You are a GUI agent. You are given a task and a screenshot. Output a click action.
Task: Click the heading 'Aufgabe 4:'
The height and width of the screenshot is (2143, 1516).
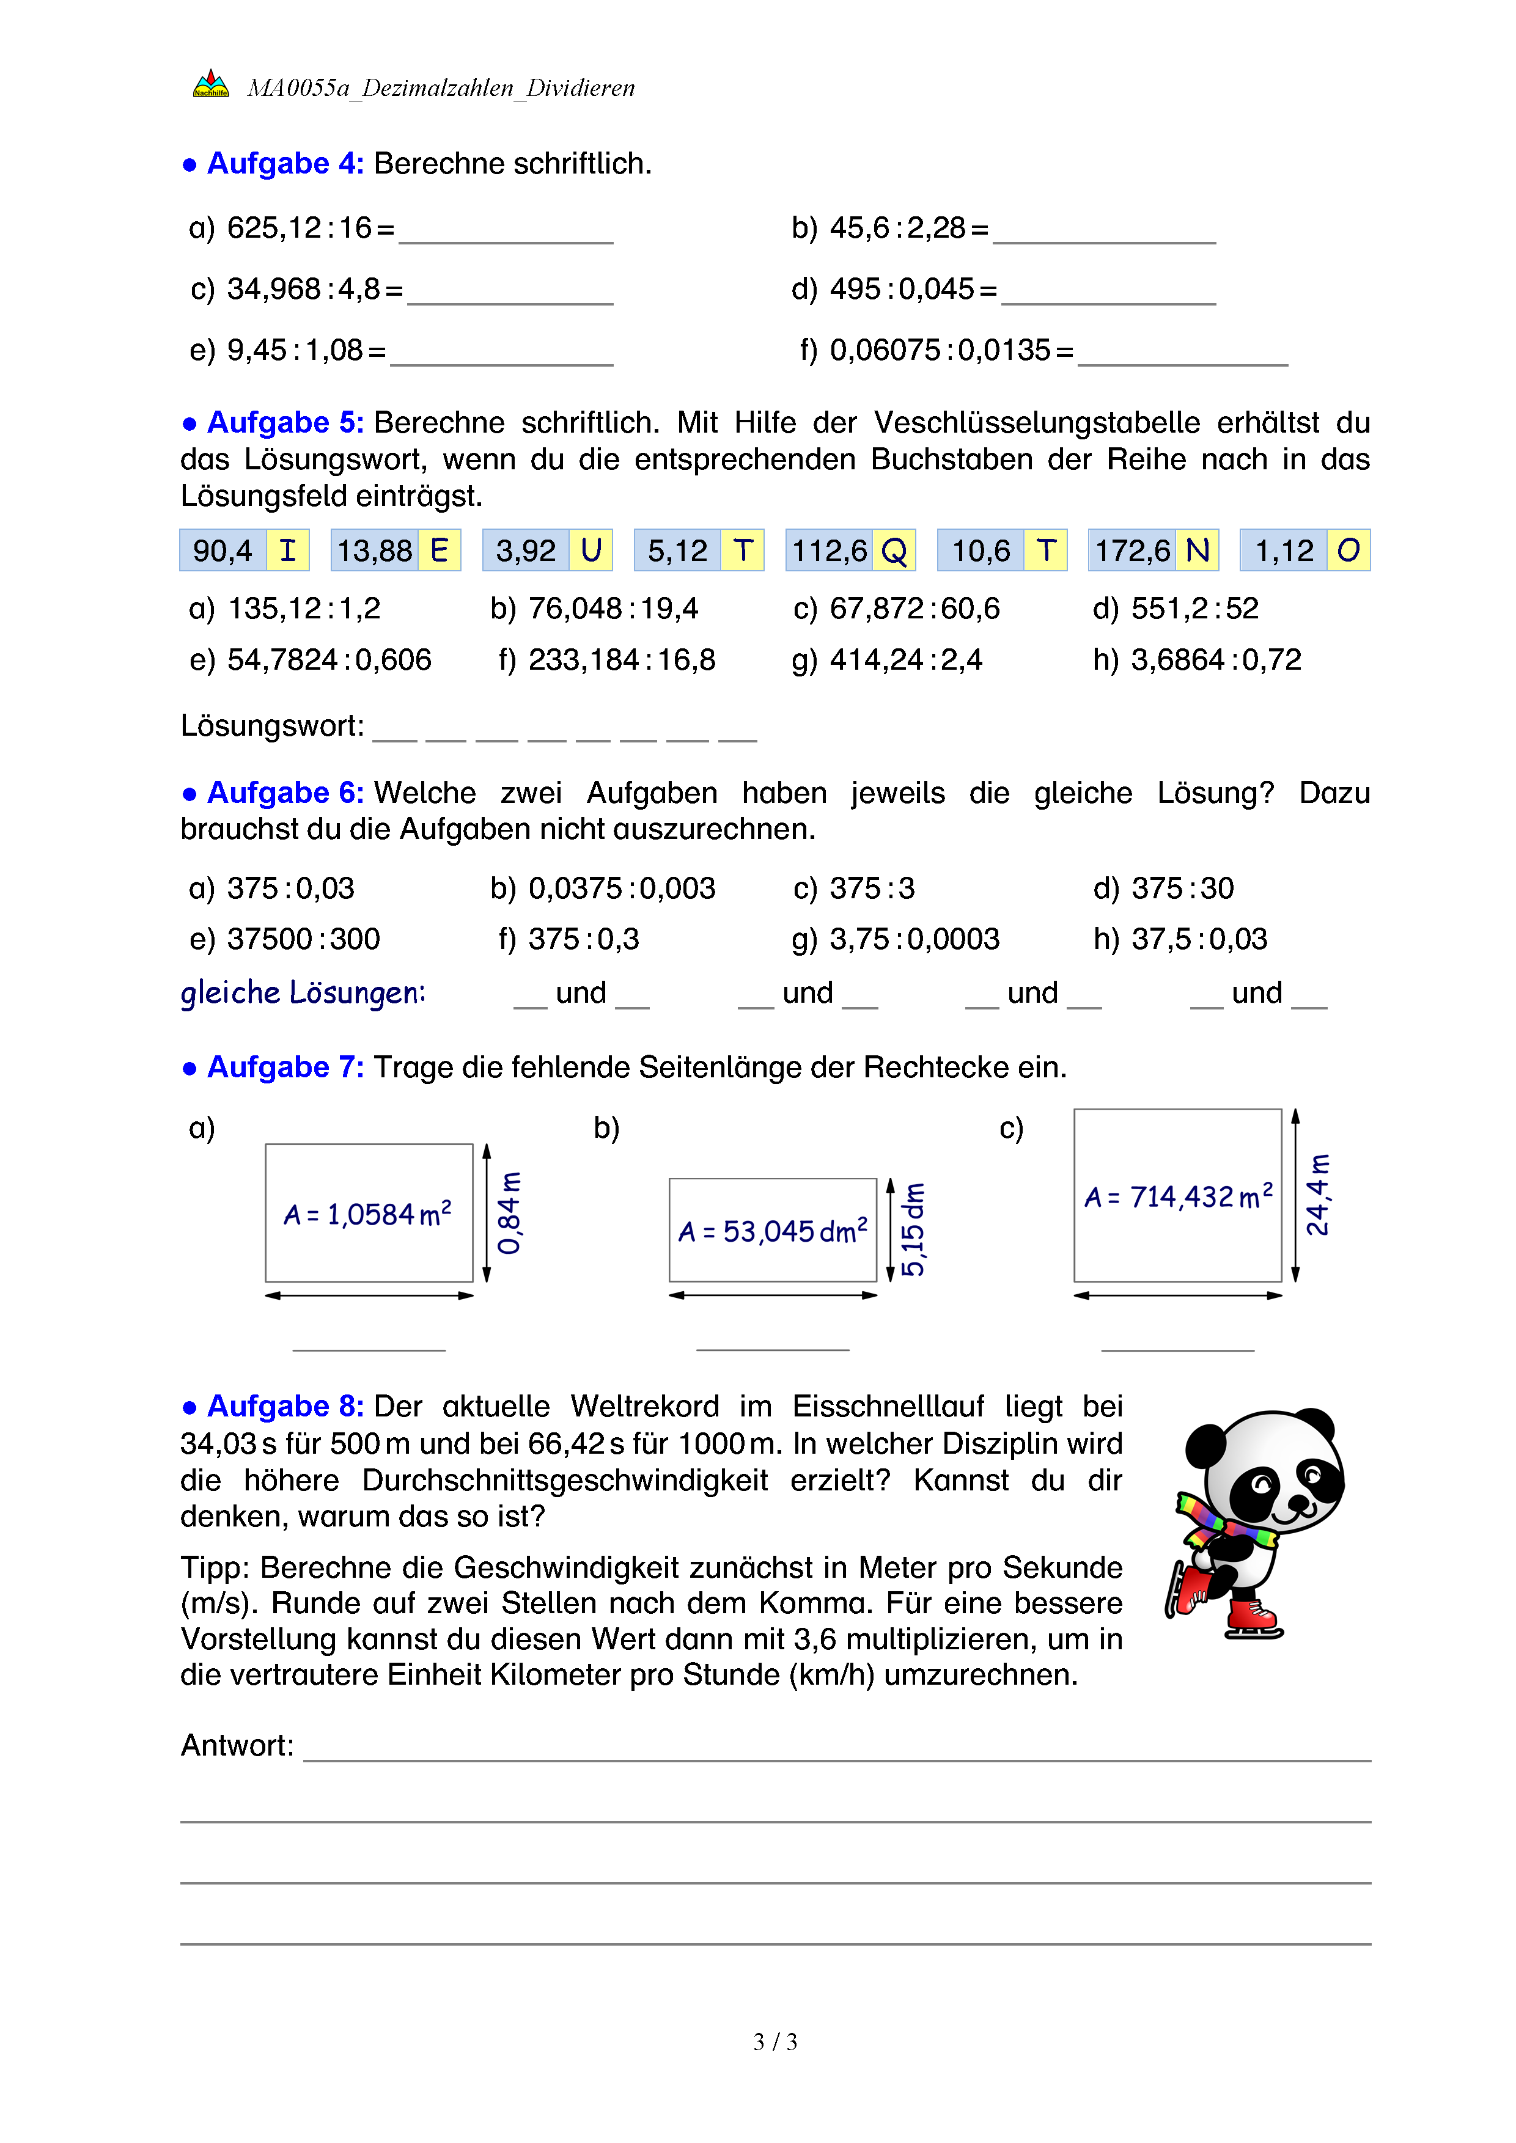click(285, 163)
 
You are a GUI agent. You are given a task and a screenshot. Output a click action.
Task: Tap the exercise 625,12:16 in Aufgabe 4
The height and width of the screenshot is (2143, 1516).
click(299, 228)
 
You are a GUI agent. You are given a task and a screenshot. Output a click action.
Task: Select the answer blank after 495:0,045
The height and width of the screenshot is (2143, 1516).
click(1108, 291)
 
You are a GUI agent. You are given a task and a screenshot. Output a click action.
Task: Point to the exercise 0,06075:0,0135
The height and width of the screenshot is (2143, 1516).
click(940, 350)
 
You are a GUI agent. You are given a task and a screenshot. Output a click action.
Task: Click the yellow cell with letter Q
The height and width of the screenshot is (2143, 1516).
click(893, 551)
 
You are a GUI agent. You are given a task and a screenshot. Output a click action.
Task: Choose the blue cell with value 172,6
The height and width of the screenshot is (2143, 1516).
click(1131, 551)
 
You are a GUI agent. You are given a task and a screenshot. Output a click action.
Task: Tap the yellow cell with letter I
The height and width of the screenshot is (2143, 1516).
click(287, 551)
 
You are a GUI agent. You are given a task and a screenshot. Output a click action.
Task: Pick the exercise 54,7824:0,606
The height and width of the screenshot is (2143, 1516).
click(329, 660)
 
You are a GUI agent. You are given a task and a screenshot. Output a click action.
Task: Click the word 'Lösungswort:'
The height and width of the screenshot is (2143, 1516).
click(271, 725)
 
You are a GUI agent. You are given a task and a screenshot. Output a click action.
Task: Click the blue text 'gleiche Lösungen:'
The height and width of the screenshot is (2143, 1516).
click(303, 993)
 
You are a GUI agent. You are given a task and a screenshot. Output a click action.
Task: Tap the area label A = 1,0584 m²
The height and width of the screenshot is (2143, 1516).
click(368, 1214)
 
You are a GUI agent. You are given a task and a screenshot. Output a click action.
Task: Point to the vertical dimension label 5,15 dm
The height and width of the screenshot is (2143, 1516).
click(913, 1229)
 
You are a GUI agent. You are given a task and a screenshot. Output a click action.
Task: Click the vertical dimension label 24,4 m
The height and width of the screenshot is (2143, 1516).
click(1317, 1196)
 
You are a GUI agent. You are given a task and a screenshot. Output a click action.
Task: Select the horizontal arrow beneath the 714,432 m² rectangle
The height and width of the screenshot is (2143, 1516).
click(1177, 1295)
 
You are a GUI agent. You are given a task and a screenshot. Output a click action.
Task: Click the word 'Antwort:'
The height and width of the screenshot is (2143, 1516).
click(237, 1745)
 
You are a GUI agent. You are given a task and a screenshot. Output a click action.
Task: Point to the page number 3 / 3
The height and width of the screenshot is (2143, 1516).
click(775, 2042)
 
